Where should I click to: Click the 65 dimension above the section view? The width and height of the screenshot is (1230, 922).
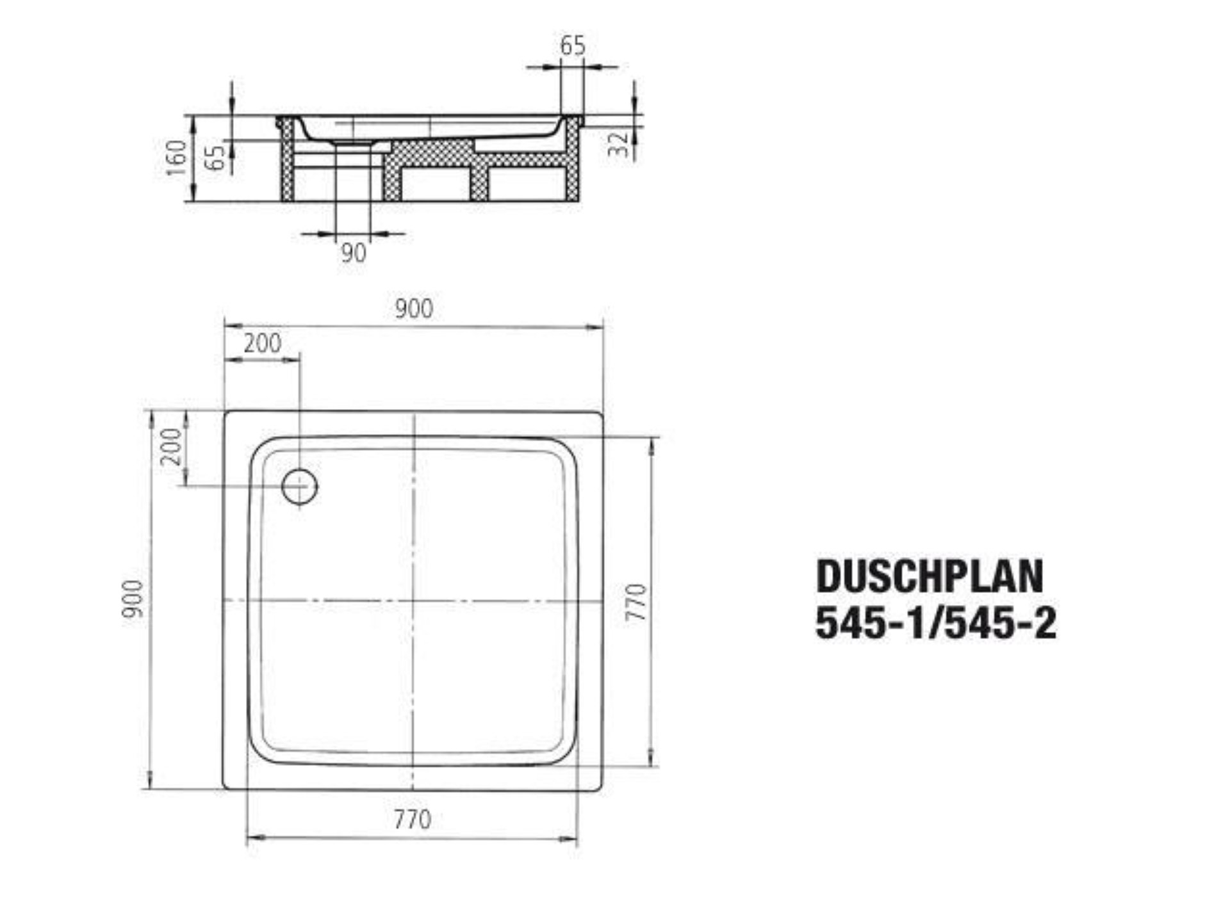(x=572, y=46)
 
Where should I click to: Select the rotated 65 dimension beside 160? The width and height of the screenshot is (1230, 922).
(x=218, y=157)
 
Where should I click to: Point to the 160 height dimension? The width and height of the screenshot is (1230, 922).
(x=176, y=158)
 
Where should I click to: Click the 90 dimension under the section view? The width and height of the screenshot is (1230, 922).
(x=354, y=253)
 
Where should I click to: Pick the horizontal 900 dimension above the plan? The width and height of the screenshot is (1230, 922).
(x=413, y=309)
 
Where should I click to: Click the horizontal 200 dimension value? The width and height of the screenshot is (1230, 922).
(x=262, y=344)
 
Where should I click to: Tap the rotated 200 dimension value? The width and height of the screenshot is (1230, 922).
(x=172, y=446)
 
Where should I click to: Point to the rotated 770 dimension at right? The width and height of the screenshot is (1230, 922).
(x=637, y=602)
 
